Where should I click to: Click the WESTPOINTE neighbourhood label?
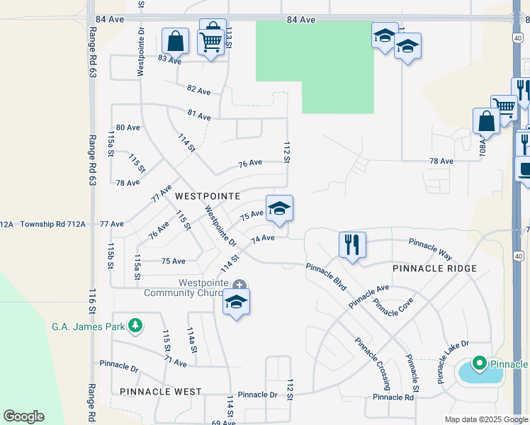(x=208, y=195)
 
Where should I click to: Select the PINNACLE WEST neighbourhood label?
(x=161, y=391)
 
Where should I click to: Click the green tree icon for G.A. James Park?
(x=133, y=326)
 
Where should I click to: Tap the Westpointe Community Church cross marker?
(x=239, y=285)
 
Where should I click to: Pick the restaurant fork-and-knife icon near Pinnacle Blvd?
(x=352, y=244)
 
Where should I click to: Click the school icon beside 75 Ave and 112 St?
(x=279, y=208)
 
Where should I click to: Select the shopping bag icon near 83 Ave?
(x=175, y=40)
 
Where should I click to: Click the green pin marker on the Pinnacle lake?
(x=479, y=364)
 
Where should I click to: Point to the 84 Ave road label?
(x=301, y=20)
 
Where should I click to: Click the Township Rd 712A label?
(x=52, y=224)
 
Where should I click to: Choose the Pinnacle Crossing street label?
(x=373, y=363)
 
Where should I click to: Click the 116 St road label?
(x=91, y=301)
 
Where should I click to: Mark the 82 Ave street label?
(x=199, y=91)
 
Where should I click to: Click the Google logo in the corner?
(x=23, y=416)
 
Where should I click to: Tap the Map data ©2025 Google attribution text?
(x=485, y=419)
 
